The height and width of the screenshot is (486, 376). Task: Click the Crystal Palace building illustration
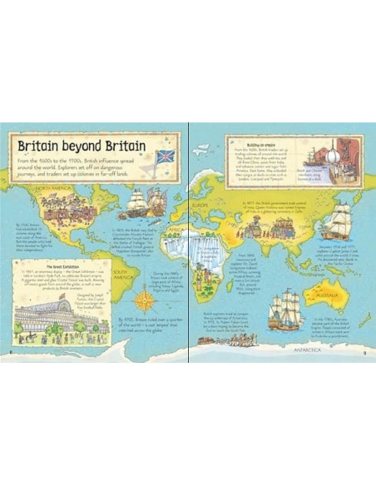tap(51, 315)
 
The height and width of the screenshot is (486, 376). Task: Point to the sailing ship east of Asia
tap(337, 221)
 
